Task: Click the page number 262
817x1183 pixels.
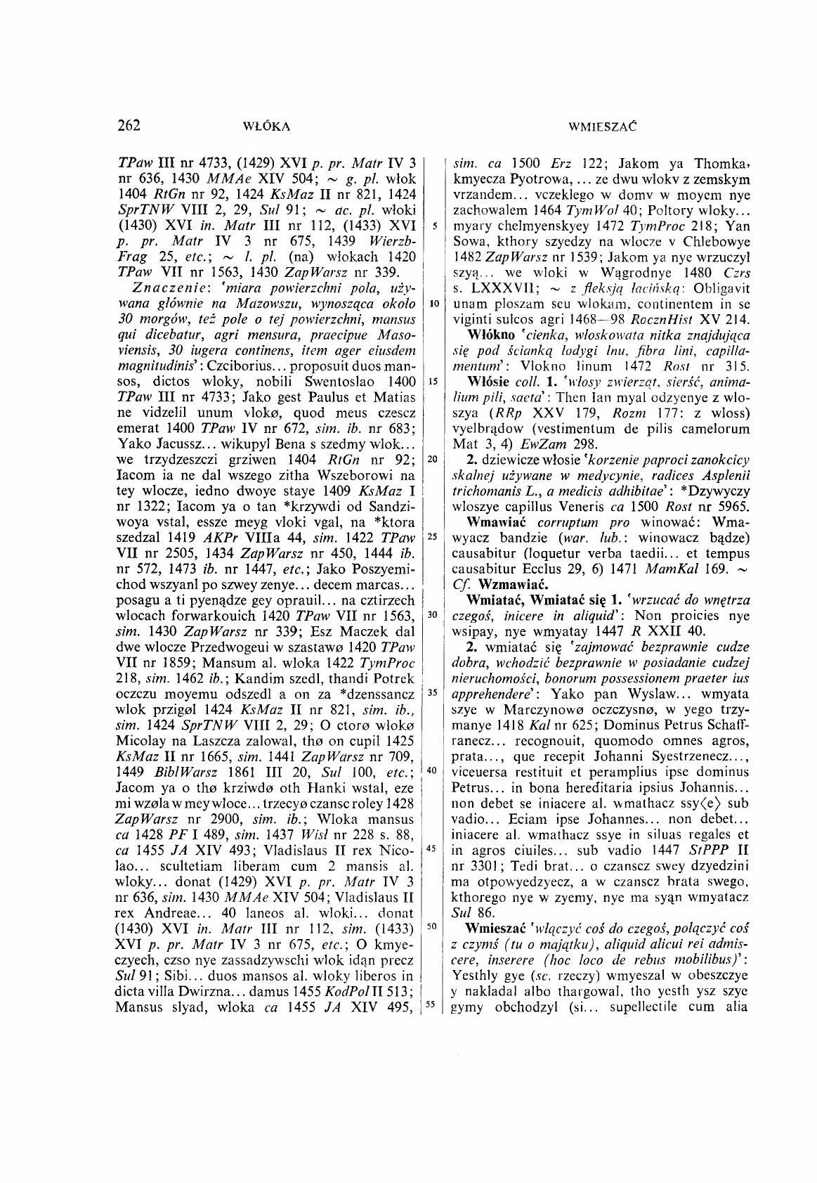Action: [130, 126]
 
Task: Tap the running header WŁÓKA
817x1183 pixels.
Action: [266, 127]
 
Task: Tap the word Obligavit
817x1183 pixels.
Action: [719, 289]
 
